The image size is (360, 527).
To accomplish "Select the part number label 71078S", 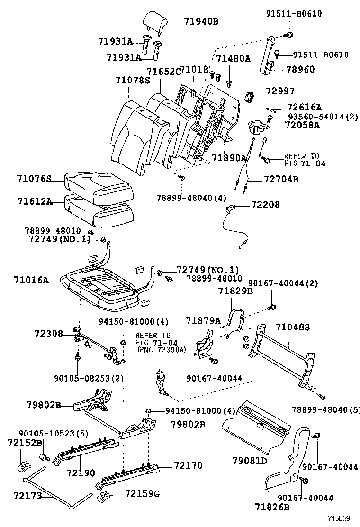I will click(x=132, y=81).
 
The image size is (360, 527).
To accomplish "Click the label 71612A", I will click(x=35, y=201).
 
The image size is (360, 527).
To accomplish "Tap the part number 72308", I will click(x=48, y=334).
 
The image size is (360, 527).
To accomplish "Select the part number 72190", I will click(x=81, y=472).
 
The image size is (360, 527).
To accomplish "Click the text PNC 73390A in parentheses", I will click(x=161, y=350).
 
